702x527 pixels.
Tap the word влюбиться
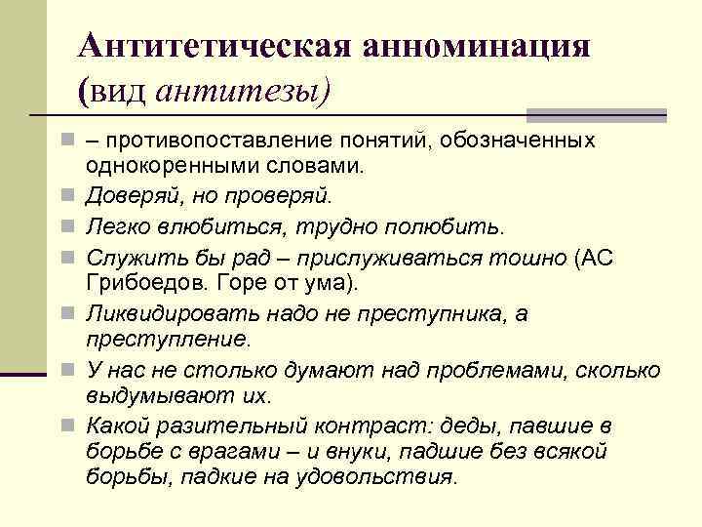pyautogui.click(x=205, y=227)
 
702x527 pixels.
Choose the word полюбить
pyautogui.click(x=450, y=227)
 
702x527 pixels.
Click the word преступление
pyautogui.click(x=167, y=339)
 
